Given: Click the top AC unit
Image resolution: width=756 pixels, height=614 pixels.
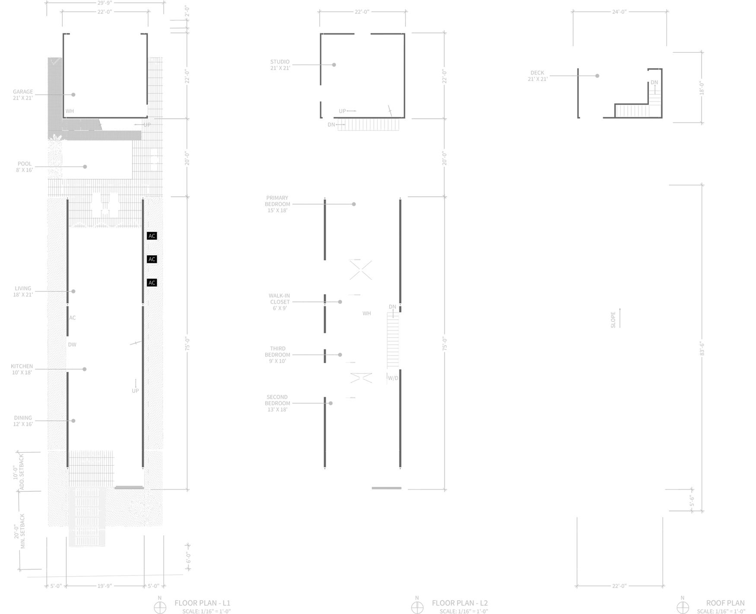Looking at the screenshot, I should pyautogui.click(x=152, y=236).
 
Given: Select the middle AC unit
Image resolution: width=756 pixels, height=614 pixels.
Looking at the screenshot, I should pyautogui.click(x=152, y=259).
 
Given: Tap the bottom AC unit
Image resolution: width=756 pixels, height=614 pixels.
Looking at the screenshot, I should pyautogui.click(x=152, y=282).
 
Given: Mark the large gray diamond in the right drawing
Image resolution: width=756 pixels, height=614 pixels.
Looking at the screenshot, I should pyautogui.click(x=618, y=318).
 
